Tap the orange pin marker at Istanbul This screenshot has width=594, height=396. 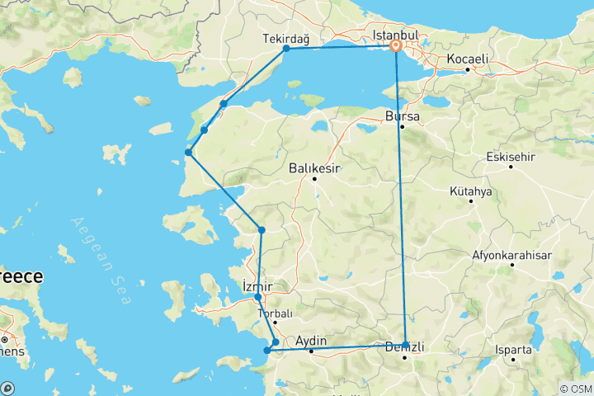point(396,46)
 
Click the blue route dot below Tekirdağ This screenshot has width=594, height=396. point(286,49)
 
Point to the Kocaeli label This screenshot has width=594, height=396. point(468,59)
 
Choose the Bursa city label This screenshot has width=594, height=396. point(402,116)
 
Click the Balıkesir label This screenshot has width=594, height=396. point(315,168)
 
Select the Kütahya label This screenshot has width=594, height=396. point(471,191)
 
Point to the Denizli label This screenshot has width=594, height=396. point(405,348)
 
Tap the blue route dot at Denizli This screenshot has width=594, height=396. point(406,344)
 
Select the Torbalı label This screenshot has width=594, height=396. point(275,314)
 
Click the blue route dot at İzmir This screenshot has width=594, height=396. point(258,297)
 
